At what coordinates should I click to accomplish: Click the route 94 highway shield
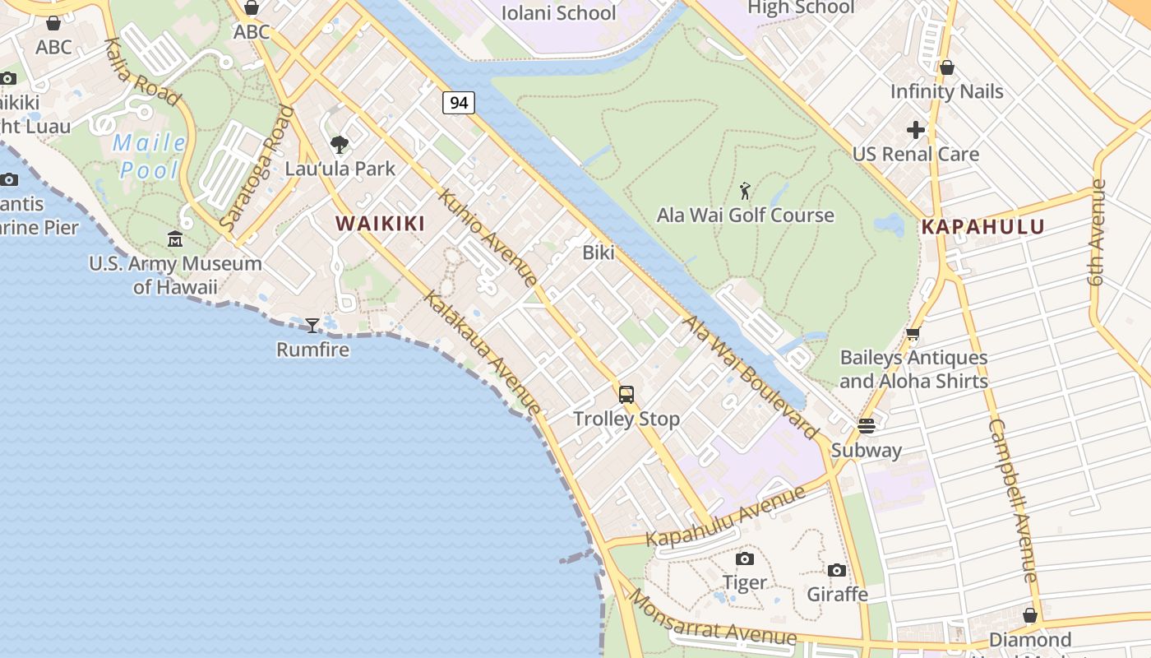click(459, 103)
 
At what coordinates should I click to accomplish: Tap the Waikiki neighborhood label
click(380, 223)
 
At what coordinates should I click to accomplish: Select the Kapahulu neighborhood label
click(982, 227)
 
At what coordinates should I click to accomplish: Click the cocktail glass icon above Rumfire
click(312, 326)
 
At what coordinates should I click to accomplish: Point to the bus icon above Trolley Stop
click(626, 395)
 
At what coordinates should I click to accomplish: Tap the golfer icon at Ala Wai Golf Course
click(745, 192)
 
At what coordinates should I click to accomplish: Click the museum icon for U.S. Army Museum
click(175, 239)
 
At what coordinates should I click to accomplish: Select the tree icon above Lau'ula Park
click(340, 146)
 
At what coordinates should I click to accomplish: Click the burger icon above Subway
click(866, 425)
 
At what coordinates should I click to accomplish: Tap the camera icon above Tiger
click(745, 559)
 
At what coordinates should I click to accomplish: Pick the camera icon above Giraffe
click(837, 570)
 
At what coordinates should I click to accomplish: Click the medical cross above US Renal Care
click(916, 130)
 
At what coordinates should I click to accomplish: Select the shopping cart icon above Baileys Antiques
click(913, 334)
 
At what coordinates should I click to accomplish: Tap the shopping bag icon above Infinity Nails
click(947, 67)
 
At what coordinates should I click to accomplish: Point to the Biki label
click(599, 253)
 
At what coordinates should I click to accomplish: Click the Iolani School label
click(558, 12)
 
